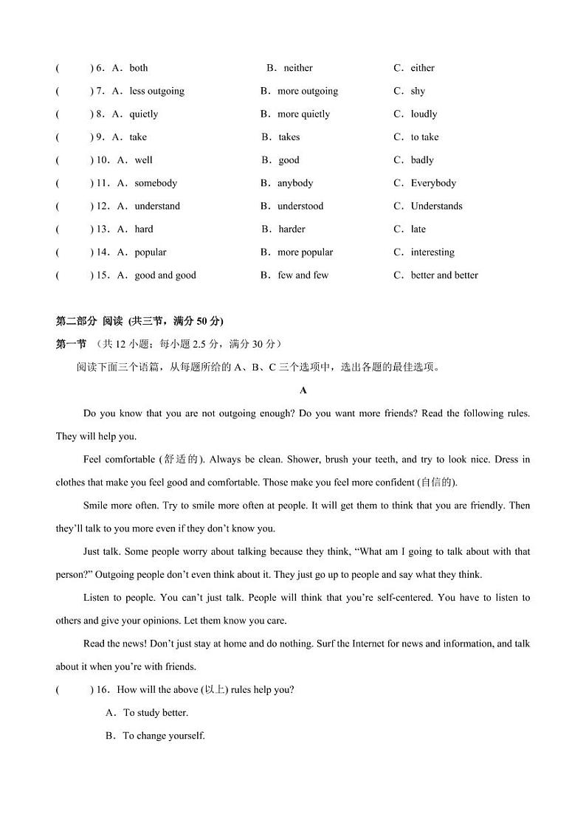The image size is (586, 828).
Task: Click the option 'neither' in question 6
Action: pos(297,68)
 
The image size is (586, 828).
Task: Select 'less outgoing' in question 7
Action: pos(156,92)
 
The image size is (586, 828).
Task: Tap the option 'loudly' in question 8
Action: pos(424,114)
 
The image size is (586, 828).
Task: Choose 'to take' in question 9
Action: pos(424,137)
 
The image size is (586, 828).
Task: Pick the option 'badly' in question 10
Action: pos(422,160)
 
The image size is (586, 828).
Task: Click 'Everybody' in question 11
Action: pos(433,183)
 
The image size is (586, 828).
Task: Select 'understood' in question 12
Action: pos(300,206)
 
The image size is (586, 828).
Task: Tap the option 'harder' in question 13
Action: pos(292,230)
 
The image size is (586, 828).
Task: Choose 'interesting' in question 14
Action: pos(432,252)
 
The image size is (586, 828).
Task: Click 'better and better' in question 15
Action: pos(444,275)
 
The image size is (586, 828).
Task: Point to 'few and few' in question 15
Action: pos(303,275)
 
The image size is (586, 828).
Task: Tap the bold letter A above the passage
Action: pos(303,390)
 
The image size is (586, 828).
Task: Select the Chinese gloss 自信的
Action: pos(437,483)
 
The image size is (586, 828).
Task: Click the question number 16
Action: pos(103,690)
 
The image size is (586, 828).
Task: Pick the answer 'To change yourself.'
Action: pos(164,736)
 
